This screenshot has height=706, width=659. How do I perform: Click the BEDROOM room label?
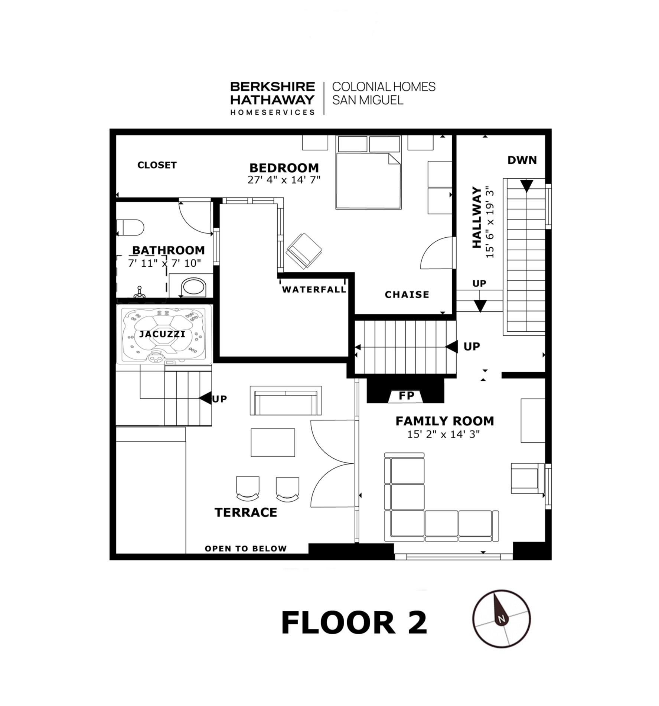pos(284,168)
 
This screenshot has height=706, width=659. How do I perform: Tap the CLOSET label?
pos(157,165)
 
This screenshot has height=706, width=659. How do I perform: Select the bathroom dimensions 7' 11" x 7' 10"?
pos(164,263)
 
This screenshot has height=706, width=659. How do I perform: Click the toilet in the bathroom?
pos(130,227)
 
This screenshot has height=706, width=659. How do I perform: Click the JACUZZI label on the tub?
pos(162,334)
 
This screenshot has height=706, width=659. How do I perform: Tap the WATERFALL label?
pos(314,289)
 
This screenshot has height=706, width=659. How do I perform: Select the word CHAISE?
pos(407,295)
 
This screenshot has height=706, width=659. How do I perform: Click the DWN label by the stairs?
pos(522,160)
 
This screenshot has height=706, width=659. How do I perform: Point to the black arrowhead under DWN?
pos(526,186)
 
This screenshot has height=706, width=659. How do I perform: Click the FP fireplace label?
pos(406,396)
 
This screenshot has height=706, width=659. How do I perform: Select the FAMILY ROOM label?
pos(445,421)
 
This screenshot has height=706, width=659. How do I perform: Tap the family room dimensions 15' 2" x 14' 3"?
pos(443,434)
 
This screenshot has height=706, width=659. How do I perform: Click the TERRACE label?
pos(246,512)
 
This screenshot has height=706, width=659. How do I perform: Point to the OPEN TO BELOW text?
pos(246,549)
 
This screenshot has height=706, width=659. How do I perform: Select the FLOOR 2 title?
pos(354,623)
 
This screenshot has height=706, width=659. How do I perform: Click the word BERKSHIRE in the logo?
pos(273,87)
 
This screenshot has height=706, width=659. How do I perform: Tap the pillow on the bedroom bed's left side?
pos(352,144)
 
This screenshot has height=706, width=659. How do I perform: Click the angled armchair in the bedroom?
pos(304,251)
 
